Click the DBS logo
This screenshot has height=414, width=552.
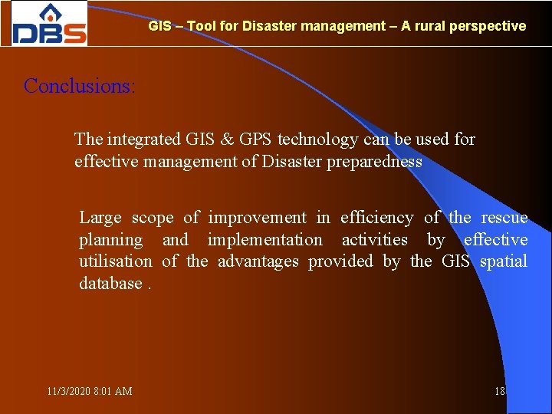pyautogui.click(x=49, y=25)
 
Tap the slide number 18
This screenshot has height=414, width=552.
pyautogui.click(x=500, y=391)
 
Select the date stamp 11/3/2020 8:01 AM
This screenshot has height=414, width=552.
pyautogui.click(x=89, y=391)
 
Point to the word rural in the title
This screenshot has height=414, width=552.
pyautogui.click(x=429, y=26)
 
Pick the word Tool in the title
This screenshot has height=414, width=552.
pyautogui.click(x=201, y=26)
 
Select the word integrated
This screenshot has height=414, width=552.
pyautogui.click(x=144, y=140)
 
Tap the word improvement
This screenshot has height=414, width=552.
pyautogui.click(x=257, y=218)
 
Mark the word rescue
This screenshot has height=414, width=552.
pyautogui.click(x=504, y=218)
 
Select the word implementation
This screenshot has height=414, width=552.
pyautogui.click(x=264, y=240)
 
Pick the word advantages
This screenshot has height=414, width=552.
pyautogui.click(x=258, y=261)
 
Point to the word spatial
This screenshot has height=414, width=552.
pyautogui.click(x=504, y=261)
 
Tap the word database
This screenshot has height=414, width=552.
pyautogui.click(x=110, y=284)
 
